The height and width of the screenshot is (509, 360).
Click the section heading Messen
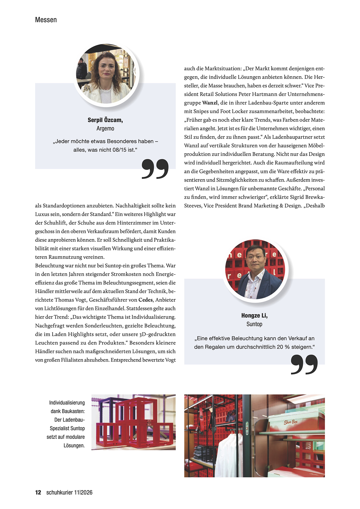pyautogui.click(x=46, y=20)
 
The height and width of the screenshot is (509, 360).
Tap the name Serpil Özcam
pyautogui.click(x=105, y=120)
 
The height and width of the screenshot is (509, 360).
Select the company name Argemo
pyautogui.click(x=105, y=128)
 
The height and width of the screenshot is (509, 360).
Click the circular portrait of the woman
pyautogui.click(x=106, y=75)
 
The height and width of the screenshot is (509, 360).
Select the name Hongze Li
pyautogui.click(x=254, y=316)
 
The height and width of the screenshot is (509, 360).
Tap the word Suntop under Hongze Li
pyautogui.click(x=254, y=324)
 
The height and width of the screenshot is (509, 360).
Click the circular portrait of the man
pyautogui.click(x=255, y=270)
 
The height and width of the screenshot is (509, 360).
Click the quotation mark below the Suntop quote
pyautogui.click(x=304, y=364)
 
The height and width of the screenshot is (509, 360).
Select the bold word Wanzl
pyautogui.click(x=210, y=103)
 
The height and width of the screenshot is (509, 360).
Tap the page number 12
pyautogui.click(x=38, y=492)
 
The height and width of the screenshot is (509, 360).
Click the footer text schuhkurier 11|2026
pyautogui.click(x=69, y=492)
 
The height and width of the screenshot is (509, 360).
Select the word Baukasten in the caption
pyautogui.click(x=73, y=411)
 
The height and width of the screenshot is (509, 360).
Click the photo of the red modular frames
pyautogui.click(x=133, y=422)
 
